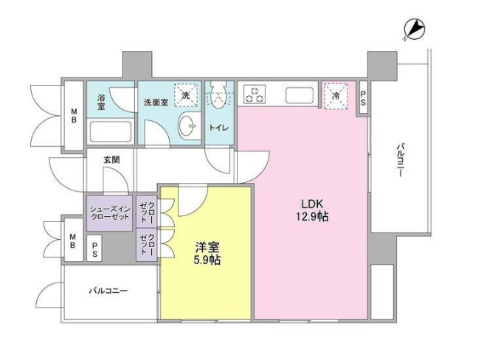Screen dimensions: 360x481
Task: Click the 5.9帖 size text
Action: [207, 260]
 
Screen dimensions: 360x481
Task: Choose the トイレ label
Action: [219, 127]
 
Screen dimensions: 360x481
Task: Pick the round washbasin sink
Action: [190, 126]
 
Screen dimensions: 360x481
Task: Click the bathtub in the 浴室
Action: [110, 132]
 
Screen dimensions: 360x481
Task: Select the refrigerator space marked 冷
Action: [336, 95]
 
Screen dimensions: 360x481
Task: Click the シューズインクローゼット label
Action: [111, 212]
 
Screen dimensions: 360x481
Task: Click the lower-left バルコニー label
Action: [109, 291]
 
